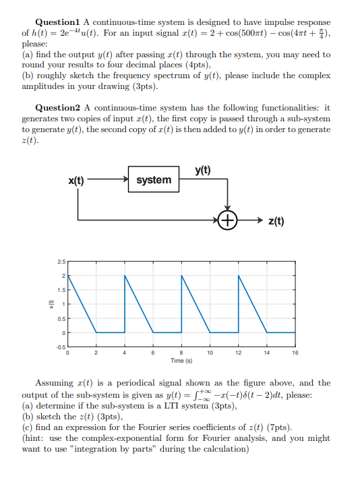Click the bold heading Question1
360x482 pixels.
coord(59,22)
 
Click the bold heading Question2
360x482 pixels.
coord(59,108)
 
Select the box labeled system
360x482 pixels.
coord(153,180)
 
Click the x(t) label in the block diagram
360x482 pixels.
coord(76,181)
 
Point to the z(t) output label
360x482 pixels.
coord(276,220)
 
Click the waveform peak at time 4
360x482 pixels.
coord(125,276)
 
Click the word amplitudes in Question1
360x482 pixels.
coord(46,87)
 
